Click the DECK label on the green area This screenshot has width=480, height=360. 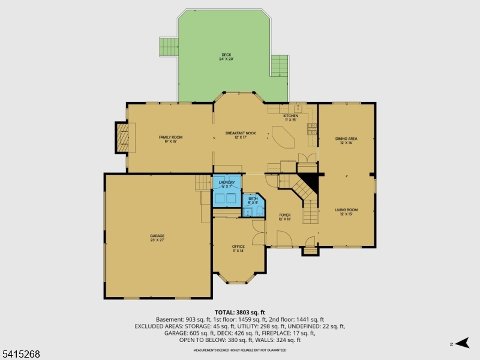point(225,57)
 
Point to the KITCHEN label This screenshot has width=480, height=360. point(290,118)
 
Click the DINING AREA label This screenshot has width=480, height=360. point(346,140)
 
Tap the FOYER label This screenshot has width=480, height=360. point(284,217)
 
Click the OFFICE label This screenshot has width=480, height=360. point(238,248)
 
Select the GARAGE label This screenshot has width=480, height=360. point(157,238)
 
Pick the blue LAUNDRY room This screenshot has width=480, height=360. point(226,191)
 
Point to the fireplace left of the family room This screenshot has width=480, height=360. point(122,139)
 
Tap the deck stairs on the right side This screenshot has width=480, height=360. point(279,64)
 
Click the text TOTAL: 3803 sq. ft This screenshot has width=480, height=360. point(240,313)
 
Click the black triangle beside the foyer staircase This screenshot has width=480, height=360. point(310,181)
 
